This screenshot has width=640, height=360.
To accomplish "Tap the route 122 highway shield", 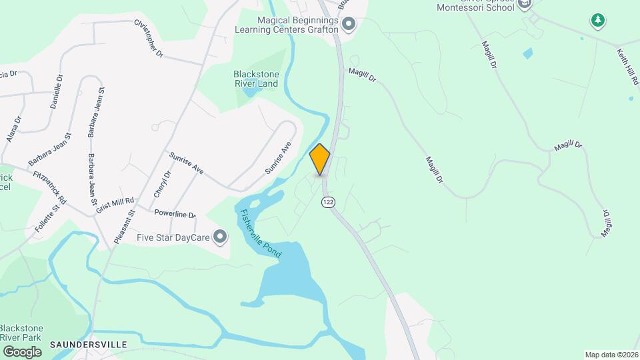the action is click(x=327, y=201).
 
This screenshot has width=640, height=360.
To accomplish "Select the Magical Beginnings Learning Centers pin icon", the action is click(x=349, y=26).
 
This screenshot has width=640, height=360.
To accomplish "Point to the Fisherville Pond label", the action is click(x=261, y=234).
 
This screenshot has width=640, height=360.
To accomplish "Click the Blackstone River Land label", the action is click(x=255, y=79).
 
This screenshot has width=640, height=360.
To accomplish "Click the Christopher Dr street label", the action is click(x=149, y=38).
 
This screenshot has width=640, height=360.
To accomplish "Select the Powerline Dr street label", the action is click(x=174, y=215).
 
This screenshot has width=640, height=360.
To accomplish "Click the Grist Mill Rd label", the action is click(x=115, y=200).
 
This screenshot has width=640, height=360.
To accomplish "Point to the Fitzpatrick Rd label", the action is click(x=50, y=188).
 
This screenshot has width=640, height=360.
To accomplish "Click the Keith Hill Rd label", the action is click(x=627, y=66).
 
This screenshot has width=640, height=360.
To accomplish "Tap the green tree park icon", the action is click(x=598, y=21).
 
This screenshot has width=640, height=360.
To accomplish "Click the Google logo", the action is click(x=22, y=351).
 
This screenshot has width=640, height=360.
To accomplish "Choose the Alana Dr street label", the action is click(x=14, y=129).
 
